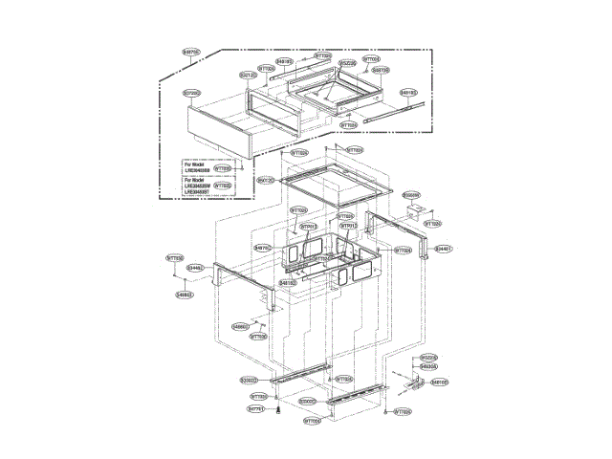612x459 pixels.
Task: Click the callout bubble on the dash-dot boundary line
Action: pos(191,52)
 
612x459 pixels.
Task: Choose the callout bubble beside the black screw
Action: pos(255,408)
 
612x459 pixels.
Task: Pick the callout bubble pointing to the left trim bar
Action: pos(195,268)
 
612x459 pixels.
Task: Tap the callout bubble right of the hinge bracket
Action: pos(440,382)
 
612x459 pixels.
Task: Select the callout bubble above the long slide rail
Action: pos(408,93)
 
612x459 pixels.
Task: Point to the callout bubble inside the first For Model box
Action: pos(222,168)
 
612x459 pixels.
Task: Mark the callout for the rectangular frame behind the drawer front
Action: pos(248,74)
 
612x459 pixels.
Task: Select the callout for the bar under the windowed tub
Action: pos(288,283)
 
